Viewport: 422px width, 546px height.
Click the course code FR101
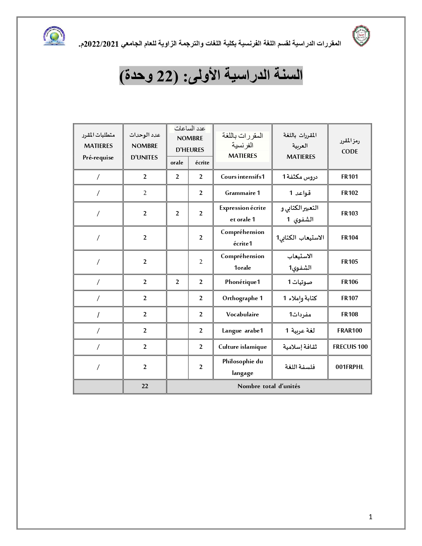coord(350,177)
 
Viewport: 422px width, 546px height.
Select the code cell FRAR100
coord(350,331)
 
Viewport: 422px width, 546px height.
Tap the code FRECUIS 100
coord(350,347)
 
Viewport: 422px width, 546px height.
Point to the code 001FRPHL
coord(350,367)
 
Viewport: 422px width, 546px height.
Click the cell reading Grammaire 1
coord(243,193)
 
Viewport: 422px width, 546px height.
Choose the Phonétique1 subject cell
coord(243,282)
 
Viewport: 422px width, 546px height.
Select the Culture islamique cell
coord(243,347)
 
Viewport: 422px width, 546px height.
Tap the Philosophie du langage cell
coord(243,367)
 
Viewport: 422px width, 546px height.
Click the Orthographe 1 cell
coord(243,298)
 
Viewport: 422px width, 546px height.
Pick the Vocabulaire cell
coord(243,314)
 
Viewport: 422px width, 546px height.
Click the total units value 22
coord(145,386)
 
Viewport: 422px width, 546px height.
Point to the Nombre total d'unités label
coord(268,386)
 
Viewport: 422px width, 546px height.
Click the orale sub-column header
coord(177,162)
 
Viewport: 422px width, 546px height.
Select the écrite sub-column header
coord(202,162)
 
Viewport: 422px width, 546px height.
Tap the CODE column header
coord(350,146)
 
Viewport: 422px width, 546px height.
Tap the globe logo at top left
coord(54,36)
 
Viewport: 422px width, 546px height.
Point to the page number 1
coord(370,517)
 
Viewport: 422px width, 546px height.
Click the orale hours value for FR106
coord(177,282)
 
